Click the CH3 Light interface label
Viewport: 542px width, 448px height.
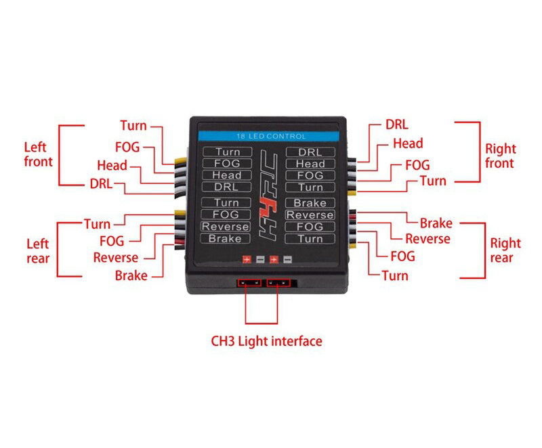266,341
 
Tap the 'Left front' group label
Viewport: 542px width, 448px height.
38,154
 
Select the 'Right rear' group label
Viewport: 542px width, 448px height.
505,250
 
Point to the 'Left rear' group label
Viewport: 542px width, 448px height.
38,250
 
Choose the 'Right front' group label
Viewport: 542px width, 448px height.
500,156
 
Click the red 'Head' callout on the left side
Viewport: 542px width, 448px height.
112,165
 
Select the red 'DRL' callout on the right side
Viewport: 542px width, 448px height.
397,125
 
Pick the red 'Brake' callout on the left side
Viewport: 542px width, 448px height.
131,275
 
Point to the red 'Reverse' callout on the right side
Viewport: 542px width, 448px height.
428,238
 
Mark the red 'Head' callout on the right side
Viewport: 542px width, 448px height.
408,143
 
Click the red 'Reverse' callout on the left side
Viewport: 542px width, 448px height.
116,257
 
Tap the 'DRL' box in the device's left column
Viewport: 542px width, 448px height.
226,187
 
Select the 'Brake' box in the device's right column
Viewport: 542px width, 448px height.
310,203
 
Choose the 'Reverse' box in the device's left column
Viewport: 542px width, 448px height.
226,227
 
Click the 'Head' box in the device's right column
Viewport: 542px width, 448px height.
310,164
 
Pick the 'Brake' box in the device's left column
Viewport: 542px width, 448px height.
226,239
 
